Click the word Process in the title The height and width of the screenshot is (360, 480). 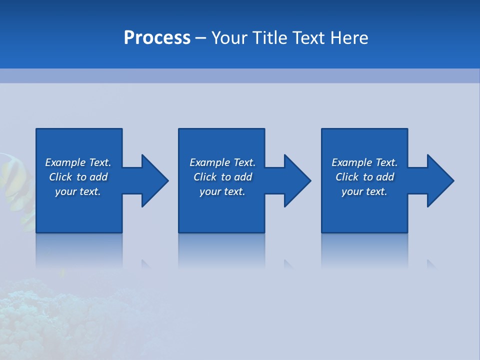point(157,38)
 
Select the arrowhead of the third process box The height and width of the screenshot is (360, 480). point(439,180)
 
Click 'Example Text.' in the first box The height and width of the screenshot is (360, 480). point(78,162)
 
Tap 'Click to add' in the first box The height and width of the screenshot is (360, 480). point(78,177)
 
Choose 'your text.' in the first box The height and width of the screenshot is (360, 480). point(78,191)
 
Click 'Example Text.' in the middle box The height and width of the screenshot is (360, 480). point(222,162)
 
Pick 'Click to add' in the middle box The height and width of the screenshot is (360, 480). point(222,177)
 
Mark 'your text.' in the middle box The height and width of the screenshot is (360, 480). point(222,191)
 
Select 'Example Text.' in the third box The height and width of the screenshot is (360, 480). point(364,162)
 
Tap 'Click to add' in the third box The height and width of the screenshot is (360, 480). point(364,177)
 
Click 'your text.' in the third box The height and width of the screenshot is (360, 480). point(364,191)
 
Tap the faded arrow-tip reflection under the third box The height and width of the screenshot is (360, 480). point(431,264)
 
